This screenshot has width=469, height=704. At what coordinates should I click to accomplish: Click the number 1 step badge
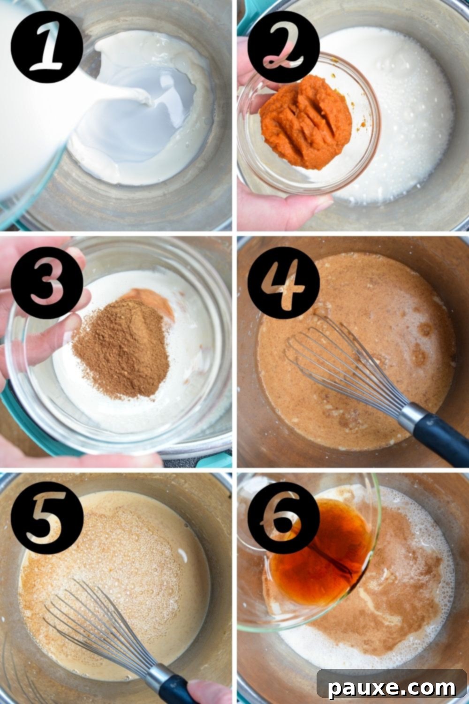pyautogui.click(x=47, y=47)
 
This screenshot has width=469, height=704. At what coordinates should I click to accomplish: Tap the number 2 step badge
pyautogui.click(x=283, y=47)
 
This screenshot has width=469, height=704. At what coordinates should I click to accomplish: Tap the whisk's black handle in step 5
pyautogui.click(x=176, y=690)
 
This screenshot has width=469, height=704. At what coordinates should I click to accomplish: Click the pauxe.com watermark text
pyautogui.click(x=392, y=688)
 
